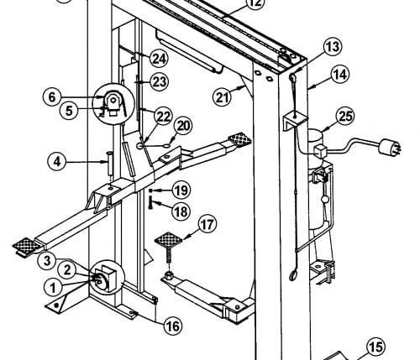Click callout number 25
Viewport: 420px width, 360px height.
(x=345, y=117)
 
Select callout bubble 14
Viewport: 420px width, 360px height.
(x=340, y=75)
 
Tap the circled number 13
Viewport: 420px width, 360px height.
(x=333, y=47)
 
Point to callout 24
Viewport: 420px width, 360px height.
(x=159, y=59)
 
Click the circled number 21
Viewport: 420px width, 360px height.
(x=222, y=98)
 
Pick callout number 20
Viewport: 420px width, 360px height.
(x=183, y=126)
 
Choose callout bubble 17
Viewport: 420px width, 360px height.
(x=207, y=225)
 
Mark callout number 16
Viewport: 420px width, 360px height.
(x=173, y=326)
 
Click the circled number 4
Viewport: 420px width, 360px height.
(x=57, y=162)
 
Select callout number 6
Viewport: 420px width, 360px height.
(x=52, y=97)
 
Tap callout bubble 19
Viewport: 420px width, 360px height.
(x=181, y=190)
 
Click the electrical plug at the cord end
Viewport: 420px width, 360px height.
(x=390, y=147)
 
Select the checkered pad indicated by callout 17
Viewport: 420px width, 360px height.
(x=168, y=240)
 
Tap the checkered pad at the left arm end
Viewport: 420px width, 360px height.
(x=26, y=245)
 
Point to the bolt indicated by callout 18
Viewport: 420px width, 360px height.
(x=151, y=203)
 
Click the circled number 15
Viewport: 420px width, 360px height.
(x=375, y=347)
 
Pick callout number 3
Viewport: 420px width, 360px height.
(x=47, y=261)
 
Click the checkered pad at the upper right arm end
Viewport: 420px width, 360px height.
(x=240, y=138)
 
